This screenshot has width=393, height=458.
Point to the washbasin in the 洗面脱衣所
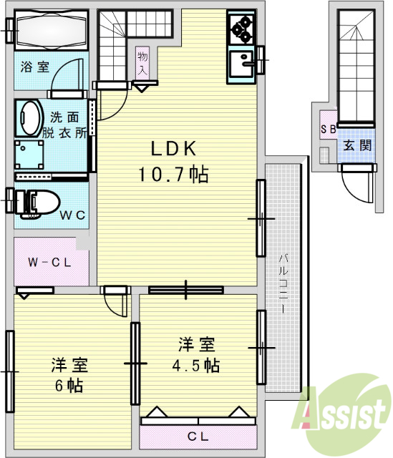pos(30,117)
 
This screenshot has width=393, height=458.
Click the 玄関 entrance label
pos(356,145)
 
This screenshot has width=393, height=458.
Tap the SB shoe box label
pos(328,130)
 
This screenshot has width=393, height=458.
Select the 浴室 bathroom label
pos(35,67)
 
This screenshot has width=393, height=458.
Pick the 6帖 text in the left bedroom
pos(69,386)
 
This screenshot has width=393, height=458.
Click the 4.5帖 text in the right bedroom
pos(198,365)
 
